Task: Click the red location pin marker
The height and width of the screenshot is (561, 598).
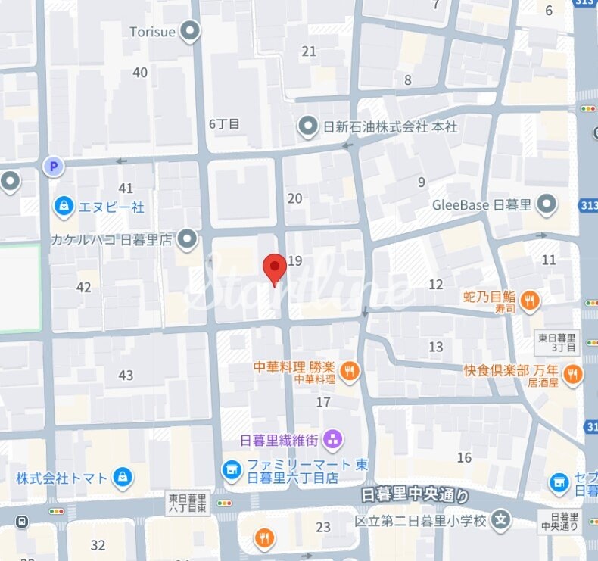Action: coord(274,268)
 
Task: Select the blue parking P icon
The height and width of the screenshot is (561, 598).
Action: coord(53,166)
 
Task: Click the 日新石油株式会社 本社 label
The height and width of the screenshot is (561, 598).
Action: coord(390,127)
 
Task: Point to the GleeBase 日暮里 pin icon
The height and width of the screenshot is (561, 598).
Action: coord(547,204)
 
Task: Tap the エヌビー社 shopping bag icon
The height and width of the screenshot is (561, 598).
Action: coord(64,205)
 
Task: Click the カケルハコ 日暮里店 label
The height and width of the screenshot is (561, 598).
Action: coord(114,241)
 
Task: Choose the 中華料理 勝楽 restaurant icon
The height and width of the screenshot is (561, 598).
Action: coord(350,370)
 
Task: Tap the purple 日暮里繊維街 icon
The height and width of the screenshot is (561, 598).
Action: coord(332,439)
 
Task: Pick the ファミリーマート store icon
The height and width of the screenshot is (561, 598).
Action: coord(232,471)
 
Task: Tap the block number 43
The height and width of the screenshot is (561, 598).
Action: coord(126,376)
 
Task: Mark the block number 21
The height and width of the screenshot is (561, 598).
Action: coord(309,51)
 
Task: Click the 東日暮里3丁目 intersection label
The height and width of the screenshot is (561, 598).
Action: coord(556,342)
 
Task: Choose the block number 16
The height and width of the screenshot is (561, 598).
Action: coord(464,457)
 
